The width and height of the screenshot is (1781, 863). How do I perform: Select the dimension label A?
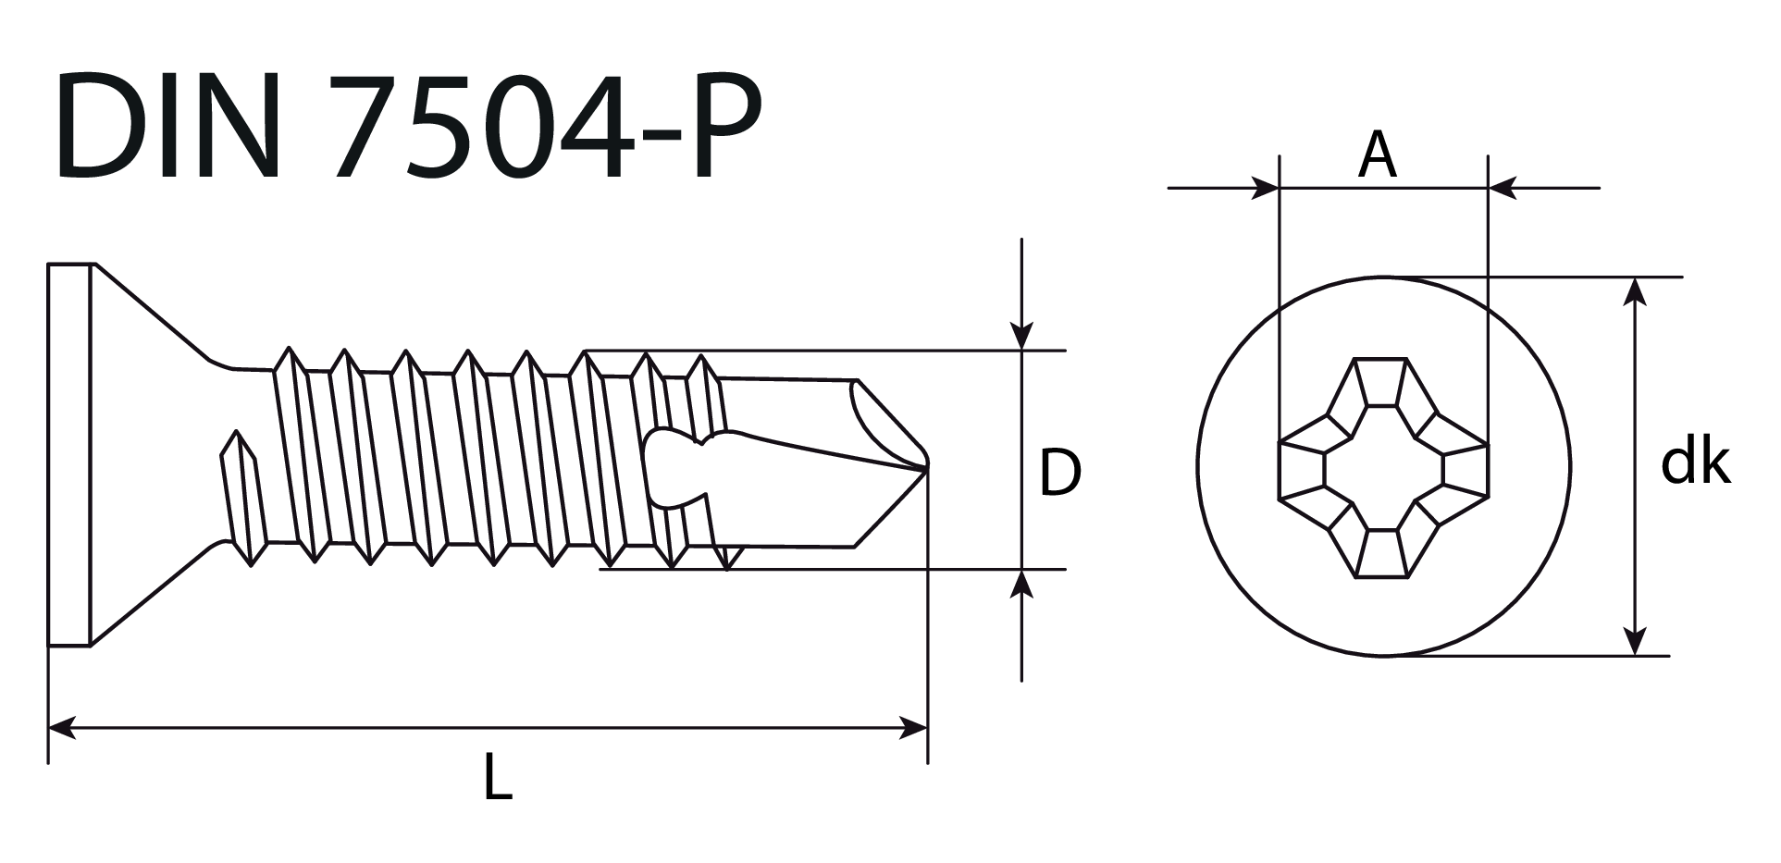tap(1378, 154)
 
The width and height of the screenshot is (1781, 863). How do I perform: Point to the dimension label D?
tap(1059, 473)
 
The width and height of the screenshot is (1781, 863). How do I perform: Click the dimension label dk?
tap(1695, 462)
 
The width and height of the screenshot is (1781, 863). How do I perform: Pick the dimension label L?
tap(497, 776)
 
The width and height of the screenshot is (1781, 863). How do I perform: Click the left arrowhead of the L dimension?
tap(61, 728)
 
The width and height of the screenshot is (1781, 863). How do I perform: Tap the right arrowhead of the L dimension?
tap(913, 728)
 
